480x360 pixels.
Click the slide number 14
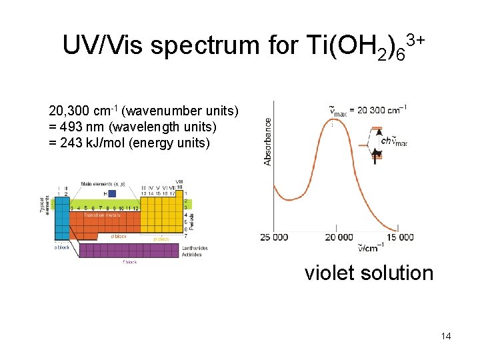click(x=446, y=336)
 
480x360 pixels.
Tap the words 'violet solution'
click(x=369, y=273)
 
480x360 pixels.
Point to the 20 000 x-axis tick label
click(x=339, y=237)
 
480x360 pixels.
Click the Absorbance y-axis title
click(x=268, y=141)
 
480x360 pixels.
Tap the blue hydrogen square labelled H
click(x=111, y=194)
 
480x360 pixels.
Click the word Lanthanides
click(x=195, y=248)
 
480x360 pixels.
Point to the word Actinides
click(x=191, y=255)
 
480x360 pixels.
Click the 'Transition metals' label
click(x=102, y=215)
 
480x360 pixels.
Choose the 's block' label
click(x=61, y=247)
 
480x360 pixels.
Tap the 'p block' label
click(x=161, y=238)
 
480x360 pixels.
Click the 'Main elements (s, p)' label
click(x=105, y=183)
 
